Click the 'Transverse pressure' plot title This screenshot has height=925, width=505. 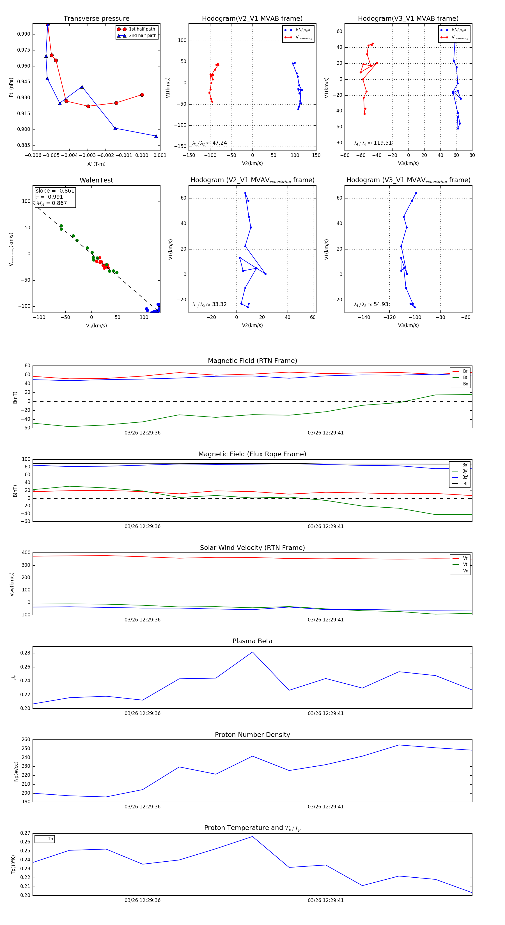click(96, 19)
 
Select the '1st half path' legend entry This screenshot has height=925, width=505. click(142, 29)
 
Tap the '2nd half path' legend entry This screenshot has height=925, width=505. click(142, 36)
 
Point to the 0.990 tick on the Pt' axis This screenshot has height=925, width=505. click(24, 34)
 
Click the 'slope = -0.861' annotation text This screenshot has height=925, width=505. click(55, 191)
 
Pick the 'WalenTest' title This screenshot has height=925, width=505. click(96, 180)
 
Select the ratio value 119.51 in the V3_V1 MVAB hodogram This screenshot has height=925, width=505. click(382, 143)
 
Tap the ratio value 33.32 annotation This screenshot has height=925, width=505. click(219, 304)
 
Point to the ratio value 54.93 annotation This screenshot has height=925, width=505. click(381, 304)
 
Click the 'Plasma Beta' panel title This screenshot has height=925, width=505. click(252, 641)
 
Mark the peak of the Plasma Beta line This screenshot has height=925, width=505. click(252, 652)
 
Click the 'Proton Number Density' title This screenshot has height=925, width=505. click(252, 735)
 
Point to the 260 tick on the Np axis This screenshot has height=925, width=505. click(26, 740)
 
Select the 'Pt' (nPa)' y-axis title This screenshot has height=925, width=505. click(11, 87)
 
